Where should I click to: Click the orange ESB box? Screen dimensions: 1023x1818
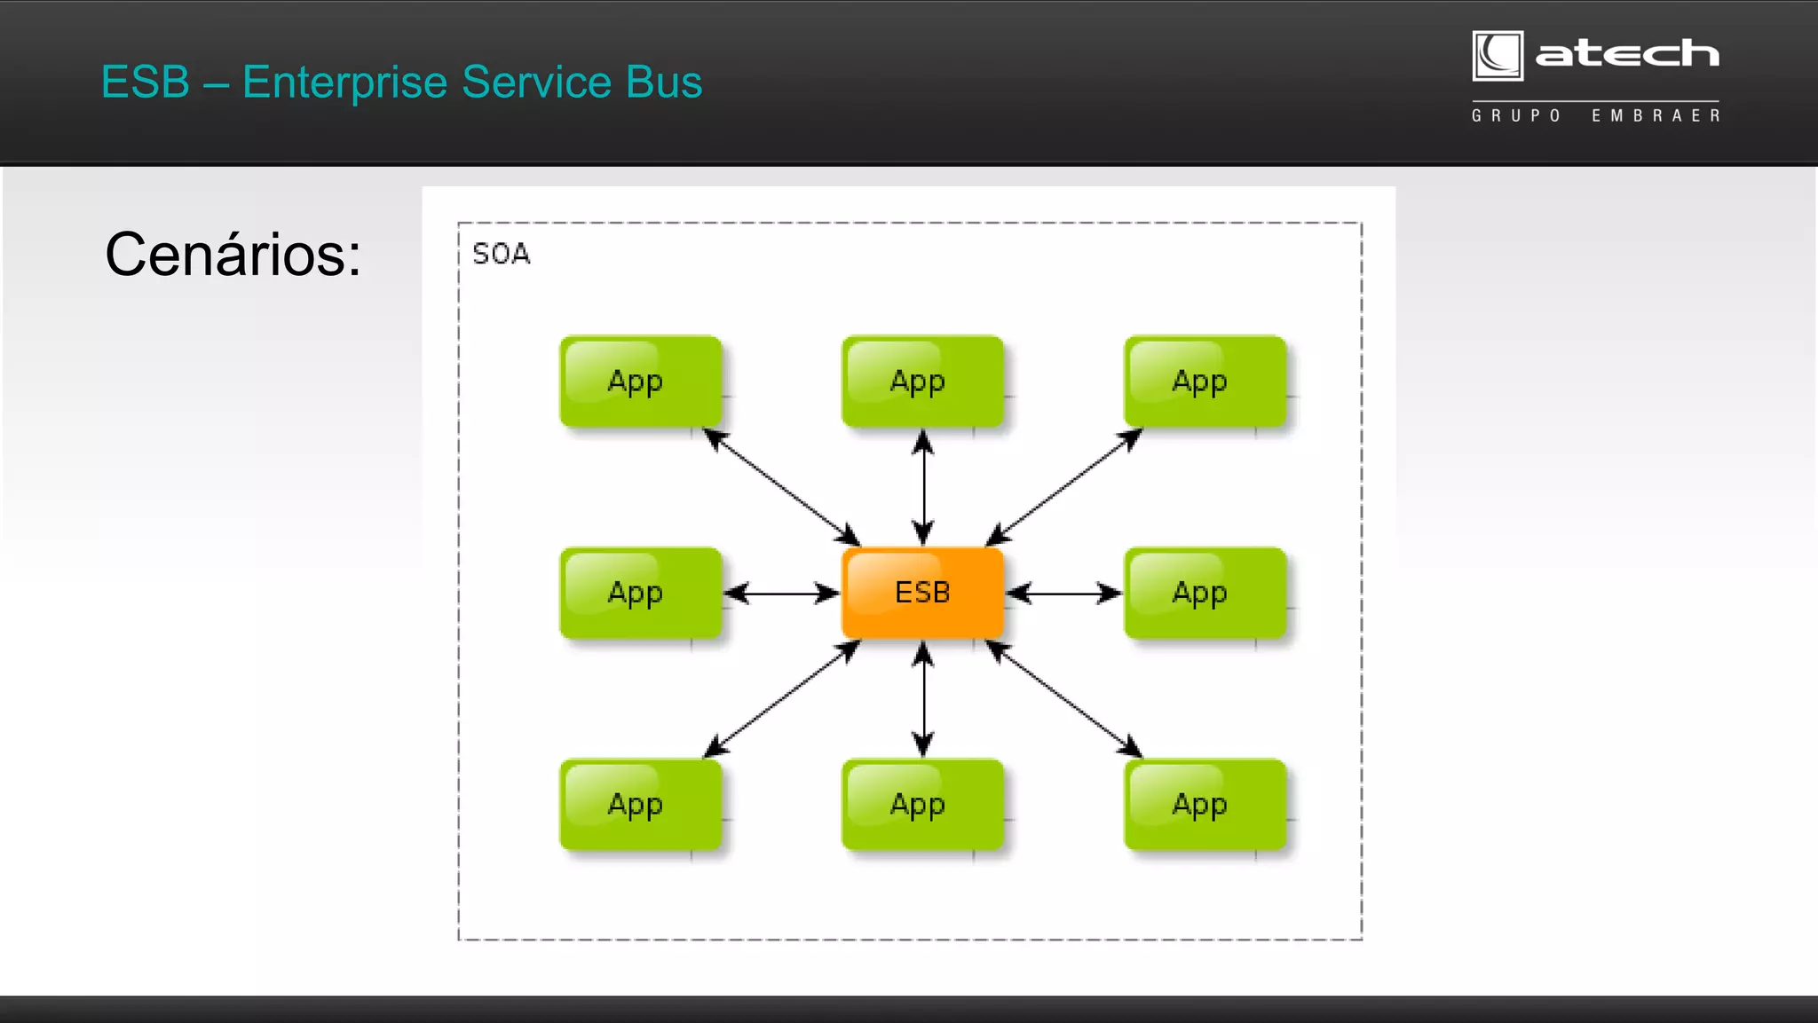point(922,593)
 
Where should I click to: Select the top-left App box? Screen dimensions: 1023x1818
point(640,382)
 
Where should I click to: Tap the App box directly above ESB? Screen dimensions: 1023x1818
point(922,382)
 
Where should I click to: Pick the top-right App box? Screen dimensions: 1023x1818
point(1205,382)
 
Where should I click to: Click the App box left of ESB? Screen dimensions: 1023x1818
point(640,593)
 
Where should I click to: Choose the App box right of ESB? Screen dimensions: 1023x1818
point(1205,593)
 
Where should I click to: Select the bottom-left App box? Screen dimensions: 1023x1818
point(640,805)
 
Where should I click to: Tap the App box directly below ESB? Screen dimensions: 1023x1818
point(922,805)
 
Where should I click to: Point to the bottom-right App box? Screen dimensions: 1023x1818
point(1205,805)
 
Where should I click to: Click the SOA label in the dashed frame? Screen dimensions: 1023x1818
point(501,255)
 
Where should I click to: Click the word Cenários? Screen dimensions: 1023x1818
point(233,255)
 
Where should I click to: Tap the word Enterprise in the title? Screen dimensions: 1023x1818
point(344,83)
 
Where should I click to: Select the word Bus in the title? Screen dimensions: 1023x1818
point(663,83)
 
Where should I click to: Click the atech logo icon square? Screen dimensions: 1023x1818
point(1498,56)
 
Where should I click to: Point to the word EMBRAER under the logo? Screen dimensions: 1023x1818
point(1656,116)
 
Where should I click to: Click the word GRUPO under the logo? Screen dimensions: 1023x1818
point(1516,116)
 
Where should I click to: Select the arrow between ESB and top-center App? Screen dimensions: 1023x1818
point(923,487)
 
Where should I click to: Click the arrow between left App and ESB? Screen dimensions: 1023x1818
point(781,593)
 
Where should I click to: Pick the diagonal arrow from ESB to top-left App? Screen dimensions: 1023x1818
point(781,487)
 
